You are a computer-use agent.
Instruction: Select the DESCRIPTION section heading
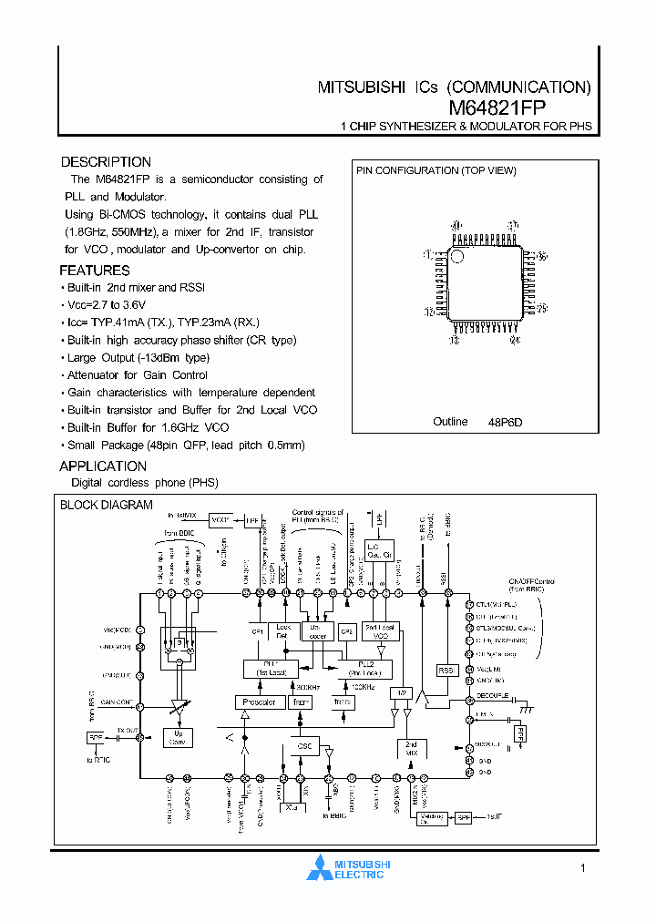[x=106, y=162]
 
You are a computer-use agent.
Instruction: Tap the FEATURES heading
[x=95, y=271]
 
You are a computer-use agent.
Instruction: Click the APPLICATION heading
[x=103, y=466]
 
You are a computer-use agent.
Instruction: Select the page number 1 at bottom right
[x=582, y=868]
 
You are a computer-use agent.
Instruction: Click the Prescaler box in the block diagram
[x=260, y=702]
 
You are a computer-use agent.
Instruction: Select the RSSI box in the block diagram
[x=446, y=670]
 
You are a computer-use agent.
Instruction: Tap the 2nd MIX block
[x=411, y=749]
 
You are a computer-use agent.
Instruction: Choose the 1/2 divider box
[x=401, y=693]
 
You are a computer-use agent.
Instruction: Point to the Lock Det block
[x=282, y=631]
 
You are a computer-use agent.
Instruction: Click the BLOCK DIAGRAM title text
[x=107, y=505]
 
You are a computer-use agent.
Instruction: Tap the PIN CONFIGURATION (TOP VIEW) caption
[x=436, y=171]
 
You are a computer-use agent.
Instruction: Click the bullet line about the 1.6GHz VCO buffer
[x=148, y=427]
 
